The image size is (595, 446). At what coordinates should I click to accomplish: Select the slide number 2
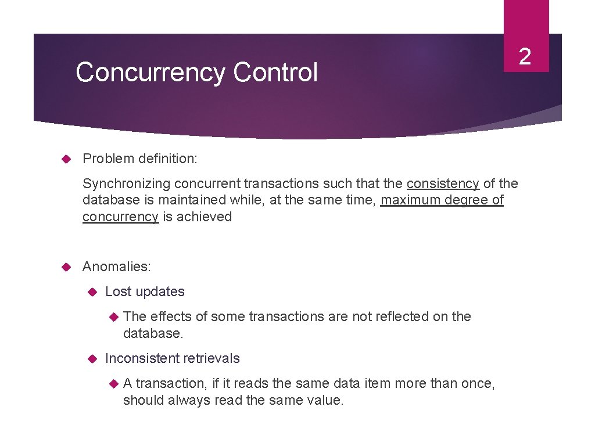click(x=525, y=57)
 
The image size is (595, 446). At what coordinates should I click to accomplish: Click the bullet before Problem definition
click(x=65, y=159)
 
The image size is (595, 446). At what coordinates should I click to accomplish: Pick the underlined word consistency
click(x=443, y=184)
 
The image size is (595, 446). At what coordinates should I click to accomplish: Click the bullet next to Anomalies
click(x=65, y=267)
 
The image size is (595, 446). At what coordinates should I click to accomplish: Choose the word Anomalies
click(x=116, y=267)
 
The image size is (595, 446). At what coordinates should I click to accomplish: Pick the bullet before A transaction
click(x=114, y=383)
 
